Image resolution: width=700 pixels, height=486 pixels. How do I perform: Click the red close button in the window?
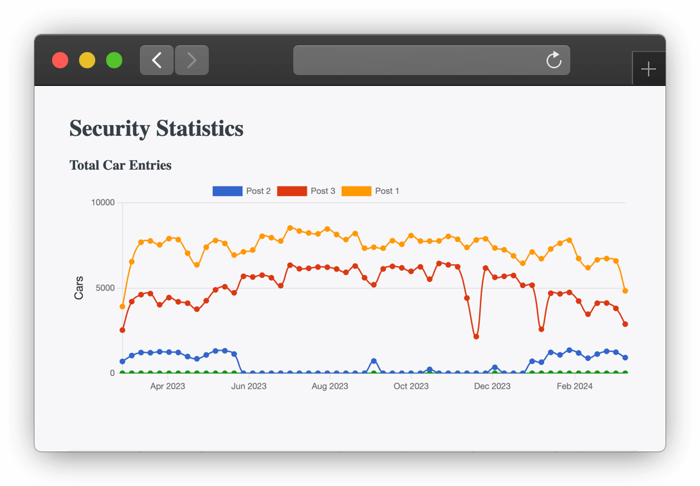(60, 60)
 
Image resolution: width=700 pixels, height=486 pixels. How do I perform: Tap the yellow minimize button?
(87, 60)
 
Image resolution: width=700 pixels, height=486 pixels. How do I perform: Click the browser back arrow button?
(157, 60)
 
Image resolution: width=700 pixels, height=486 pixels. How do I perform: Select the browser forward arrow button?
(192, 60)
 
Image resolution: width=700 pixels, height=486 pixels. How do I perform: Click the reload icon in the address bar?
(553, 60)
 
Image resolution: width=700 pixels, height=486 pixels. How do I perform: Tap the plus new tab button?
(648, 69)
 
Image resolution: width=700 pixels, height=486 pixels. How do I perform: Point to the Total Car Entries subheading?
(120, 165)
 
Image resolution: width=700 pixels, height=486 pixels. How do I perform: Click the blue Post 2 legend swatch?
(227, 191)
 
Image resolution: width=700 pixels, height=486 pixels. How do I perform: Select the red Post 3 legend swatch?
(292, 191)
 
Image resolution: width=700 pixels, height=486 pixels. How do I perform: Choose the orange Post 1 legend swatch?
(356, 191)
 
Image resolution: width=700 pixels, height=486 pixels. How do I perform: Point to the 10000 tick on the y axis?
(103, 203)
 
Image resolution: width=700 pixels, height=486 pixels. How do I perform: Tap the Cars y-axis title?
(79, 287)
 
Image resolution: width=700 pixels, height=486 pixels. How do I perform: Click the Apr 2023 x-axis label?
(168, 387)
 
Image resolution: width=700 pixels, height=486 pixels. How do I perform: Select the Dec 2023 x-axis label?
(492, 387)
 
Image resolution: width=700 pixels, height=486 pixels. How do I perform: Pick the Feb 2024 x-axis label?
(574, 387)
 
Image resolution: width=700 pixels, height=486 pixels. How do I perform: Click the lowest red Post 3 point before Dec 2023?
(476, 337)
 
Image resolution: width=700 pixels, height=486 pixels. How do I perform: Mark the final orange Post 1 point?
(625, 291)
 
